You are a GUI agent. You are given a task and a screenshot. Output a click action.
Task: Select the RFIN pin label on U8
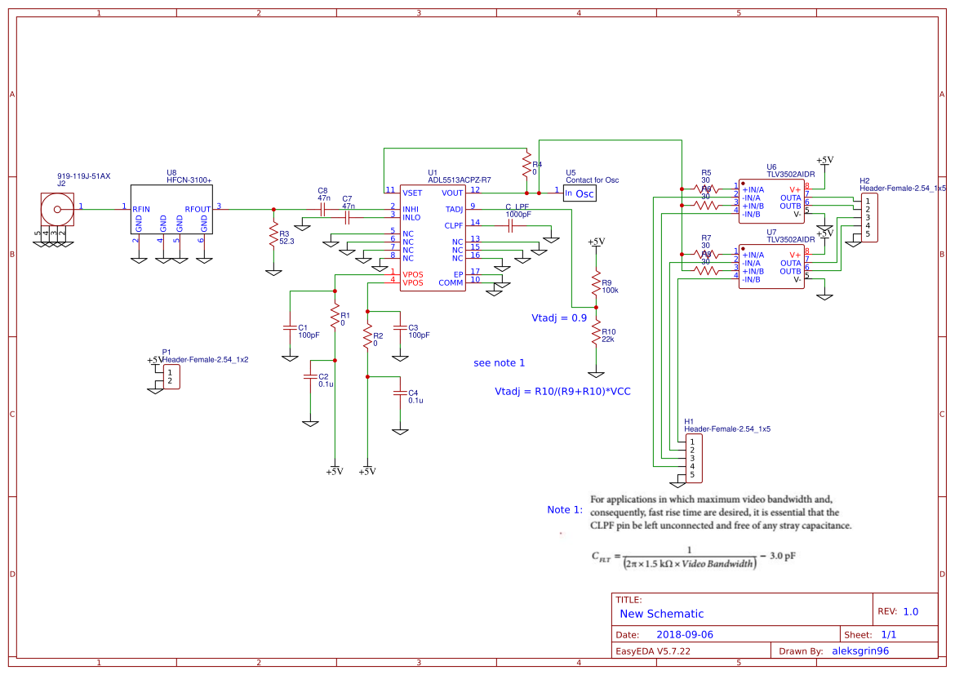click(142, 209)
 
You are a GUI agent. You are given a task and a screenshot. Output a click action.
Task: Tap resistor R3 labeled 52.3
click(273, 237)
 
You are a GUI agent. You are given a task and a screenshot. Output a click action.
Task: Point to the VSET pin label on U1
click(411, 193)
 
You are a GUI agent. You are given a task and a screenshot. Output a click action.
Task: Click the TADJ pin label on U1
click(454, 209)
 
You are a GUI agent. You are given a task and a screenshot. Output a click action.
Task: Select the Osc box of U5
click(584, 193)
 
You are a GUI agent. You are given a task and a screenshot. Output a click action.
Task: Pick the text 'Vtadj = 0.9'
click(559, 318)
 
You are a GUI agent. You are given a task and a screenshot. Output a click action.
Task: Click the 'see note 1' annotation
click(499, 362)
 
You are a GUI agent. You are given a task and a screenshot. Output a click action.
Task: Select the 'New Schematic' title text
click(661, 614)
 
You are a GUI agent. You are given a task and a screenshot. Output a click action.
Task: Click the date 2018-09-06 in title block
click(685, 634)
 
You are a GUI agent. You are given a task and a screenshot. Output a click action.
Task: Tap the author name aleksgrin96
click(859, 651)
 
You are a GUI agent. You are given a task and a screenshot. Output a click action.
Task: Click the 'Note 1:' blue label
click(565, 509)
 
